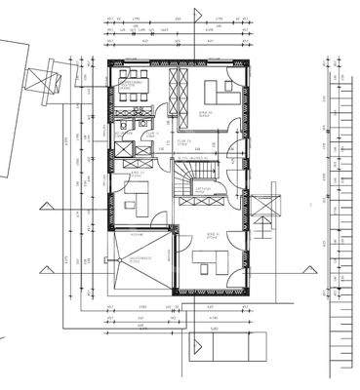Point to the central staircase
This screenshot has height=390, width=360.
pyautogui.click(x=187, y=181)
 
